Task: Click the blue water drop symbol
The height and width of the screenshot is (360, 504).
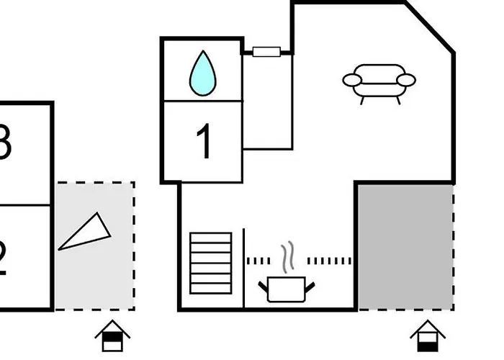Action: click(202, 74)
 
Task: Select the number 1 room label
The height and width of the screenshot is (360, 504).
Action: click(204, 142)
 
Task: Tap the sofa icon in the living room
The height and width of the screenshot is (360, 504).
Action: click(379, 84)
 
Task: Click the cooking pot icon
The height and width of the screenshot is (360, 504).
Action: click(287, 289)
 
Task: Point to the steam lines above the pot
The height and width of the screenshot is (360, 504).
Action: click(287, 257)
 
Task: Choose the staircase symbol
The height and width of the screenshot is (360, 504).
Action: click(211, 264)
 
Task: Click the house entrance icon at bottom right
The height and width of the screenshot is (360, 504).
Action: click(428, 336)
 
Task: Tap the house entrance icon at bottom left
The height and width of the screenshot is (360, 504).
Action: click(112, 336)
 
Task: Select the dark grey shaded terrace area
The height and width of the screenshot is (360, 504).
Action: click(405, 246)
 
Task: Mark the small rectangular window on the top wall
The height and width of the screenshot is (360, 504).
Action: click(266, 51)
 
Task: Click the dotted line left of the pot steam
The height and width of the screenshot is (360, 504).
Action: click(258, 261)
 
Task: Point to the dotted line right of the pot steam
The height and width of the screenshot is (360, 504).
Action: click(330, 261)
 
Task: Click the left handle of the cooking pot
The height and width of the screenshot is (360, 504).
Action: click(264, 286)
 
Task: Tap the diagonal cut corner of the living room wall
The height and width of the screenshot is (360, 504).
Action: click(429, 27)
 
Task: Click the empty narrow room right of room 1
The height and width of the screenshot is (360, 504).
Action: click(267, 102)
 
